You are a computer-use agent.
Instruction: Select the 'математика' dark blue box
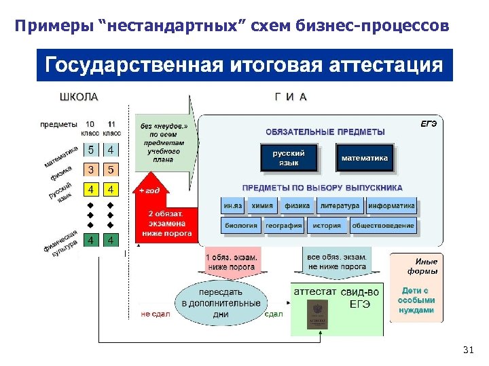coord(365,159)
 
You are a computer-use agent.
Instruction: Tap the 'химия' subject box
coord(262,206)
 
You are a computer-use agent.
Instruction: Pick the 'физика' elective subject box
coord(297,206)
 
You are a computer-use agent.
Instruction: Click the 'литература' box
coord(339,206)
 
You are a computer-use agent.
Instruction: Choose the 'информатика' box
coord(391,206)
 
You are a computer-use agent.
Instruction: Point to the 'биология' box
coord(240,226)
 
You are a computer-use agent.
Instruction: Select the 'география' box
coord(283,226)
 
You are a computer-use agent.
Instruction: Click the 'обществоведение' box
coord(383,226)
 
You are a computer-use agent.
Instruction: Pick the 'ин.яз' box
coord(233,206)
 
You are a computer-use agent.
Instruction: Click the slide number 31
coord(467,350)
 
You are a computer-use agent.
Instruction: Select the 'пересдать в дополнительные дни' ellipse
coord(221,302)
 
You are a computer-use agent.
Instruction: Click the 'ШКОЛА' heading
coord(79,97)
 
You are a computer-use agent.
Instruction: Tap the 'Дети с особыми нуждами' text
coord(416,300)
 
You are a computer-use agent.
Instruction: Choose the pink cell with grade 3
coord(90,169)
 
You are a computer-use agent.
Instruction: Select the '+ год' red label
coord(149,190)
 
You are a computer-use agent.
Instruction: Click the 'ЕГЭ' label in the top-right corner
coord(429,123)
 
